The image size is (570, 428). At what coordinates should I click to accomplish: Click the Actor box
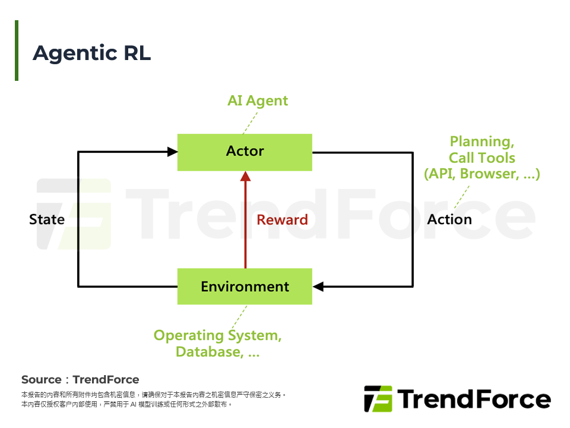pos(245,152)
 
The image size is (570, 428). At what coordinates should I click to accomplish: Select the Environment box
pos(245,287)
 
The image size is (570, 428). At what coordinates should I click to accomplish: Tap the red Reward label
pos(282,220)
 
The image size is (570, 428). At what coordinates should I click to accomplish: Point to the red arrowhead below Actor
pos(245,177)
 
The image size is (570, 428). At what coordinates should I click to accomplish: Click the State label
pos(47,219)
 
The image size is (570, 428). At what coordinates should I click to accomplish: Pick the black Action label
pos(449,219)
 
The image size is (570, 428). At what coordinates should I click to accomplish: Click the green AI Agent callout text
pos(258,100)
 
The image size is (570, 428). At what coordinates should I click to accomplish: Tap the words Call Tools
pos(482,158)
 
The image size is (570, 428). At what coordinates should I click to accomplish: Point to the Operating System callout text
pos(217,335)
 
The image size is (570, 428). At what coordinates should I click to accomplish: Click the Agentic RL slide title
pos(92,53)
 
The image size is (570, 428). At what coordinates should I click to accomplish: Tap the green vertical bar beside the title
pos(17,51)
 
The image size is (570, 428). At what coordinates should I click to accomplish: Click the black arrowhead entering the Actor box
pos(172,152)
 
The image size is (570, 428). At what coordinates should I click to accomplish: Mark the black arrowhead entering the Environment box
pos(318,287)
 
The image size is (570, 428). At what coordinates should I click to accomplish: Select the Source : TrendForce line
pos(80,379)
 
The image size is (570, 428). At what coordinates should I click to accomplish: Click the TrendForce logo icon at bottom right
pos(378,398)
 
